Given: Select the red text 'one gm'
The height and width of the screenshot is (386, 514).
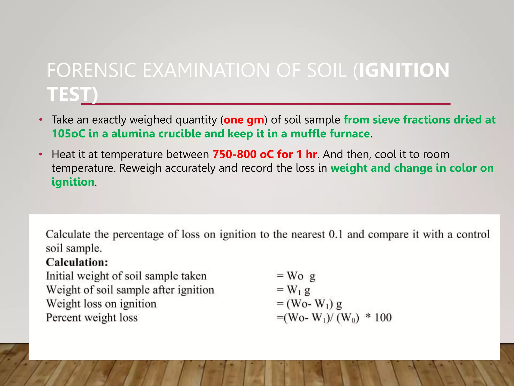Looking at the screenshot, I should pos(244,120).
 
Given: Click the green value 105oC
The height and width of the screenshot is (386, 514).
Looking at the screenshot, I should pos(68,134).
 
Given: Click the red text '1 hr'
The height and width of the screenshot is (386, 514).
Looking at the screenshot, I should pos(306,154).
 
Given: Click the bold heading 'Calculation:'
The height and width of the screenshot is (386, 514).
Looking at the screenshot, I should pos(77,262).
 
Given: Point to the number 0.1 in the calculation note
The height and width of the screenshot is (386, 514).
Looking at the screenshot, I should pos(336,234).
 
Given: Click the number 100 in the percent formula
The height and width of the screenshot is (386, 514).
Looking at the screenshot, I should pos(383,318).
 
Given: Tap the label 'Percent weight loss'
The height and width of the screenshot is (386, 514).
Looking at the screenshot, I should pos(92,318).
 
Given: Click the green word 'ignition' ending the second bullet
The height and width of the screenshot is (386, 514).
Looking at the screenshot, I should pos(73,182).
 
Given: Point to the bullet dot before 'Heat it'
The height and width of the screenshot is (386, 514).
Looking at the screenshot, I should pos(41,154).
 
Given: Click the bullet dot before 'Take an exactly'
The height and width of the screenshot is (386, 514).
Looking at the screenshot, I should pos(41,120).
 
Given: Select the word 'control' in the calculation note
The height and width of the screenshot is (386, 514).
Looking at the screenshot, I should pos(473,234).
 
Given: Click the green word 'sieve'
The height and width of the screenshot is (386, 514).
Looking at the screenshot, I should pos(386,120).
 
